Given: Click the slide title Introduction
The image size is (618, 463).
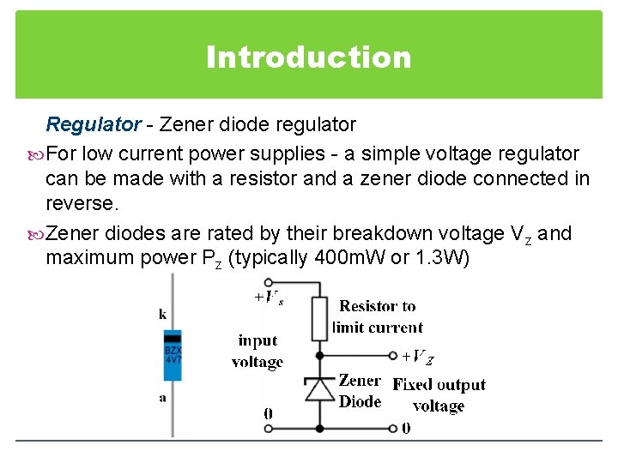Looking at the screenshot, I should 309,57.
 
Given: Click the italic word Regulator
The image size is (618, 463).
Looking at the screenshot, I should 93,125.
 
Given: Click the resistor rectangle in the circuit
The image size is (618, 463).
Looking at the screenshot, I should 320,318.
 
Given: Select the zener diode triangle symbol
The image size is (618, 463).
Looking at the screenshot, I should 320,388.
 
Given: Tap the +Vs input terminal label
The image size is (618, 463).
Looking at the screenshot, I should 269,298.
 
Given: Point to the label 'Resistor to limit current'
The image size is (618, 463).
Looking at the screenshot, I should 378,316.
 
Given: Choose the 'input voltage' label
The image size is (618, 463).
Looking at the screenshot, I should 257,352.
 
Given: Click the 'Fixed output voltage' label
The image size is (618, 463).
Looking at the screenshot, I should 439,395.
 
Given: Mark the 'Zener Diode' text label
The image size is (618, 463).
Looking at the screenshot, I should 360,391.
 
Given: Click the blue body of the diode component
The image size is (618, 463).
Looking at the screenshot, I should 173,361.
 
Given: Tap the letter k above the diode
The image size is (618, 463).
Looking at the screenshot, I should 163,314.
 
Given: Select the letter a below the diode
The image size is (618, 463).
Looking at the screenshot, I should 162,397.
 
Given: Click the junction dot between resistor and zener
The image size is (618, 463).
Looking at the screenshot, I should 320,354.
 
